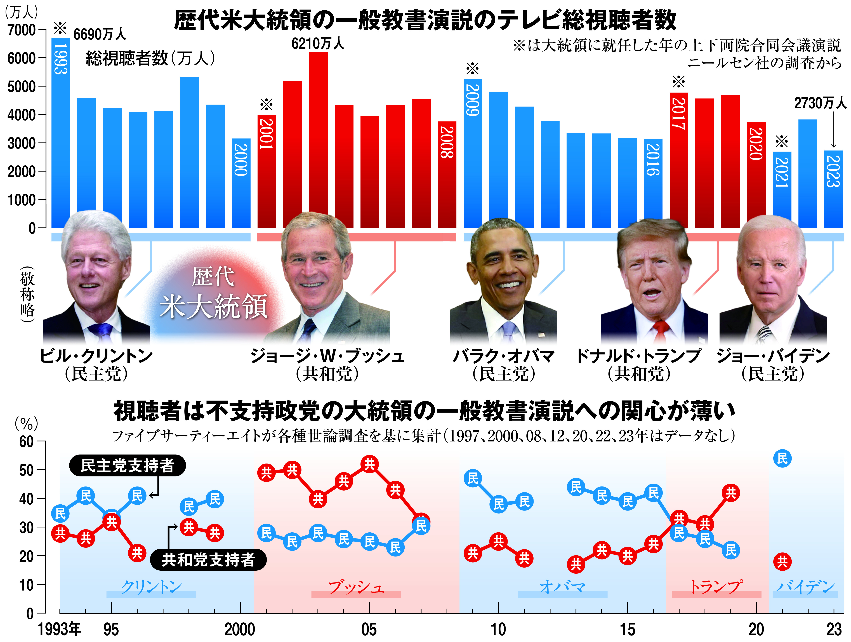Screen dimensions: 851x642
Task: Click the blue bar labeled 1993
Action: tap(61, 133)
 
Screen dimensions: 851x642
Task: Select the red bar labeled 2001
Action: tap(267, 171)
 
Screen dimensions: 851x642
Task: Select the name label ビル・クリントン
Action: tap(96, 356)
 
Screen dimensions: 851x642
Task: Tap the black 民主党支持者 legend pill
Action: tap(127, 466)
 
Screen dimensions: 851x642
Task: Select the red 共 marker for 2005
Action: tap(369, 464)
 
